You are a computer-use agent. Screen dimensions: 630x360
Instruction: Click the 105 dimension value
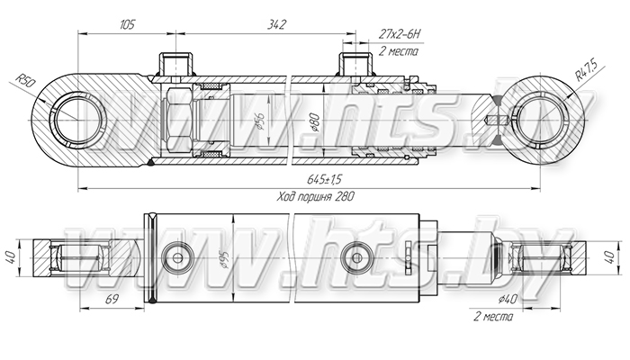click(127, 25)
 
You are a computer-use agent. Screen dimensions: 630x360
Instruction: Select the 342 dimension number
click(276, 25)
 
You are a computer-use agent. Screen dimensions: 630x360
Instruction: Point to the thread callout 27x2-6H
click(399, 34)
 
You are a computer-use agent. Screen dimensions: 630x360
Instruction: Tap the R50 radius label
click(26, 83)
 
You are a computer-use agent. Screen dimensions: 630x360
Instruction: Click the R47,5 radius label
click(586, 69)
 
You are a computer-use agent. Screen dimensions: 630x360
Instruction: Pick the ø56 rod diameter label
click(260, 121)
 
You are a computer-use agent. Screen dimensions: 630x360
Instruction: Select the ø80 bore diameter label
click(315, 122)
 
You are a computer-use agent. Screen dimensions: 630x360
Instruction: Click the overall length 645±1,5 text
click(324, 179)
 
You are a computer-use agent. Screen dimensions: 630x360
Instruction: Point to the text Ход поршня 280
click(316, 196)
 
